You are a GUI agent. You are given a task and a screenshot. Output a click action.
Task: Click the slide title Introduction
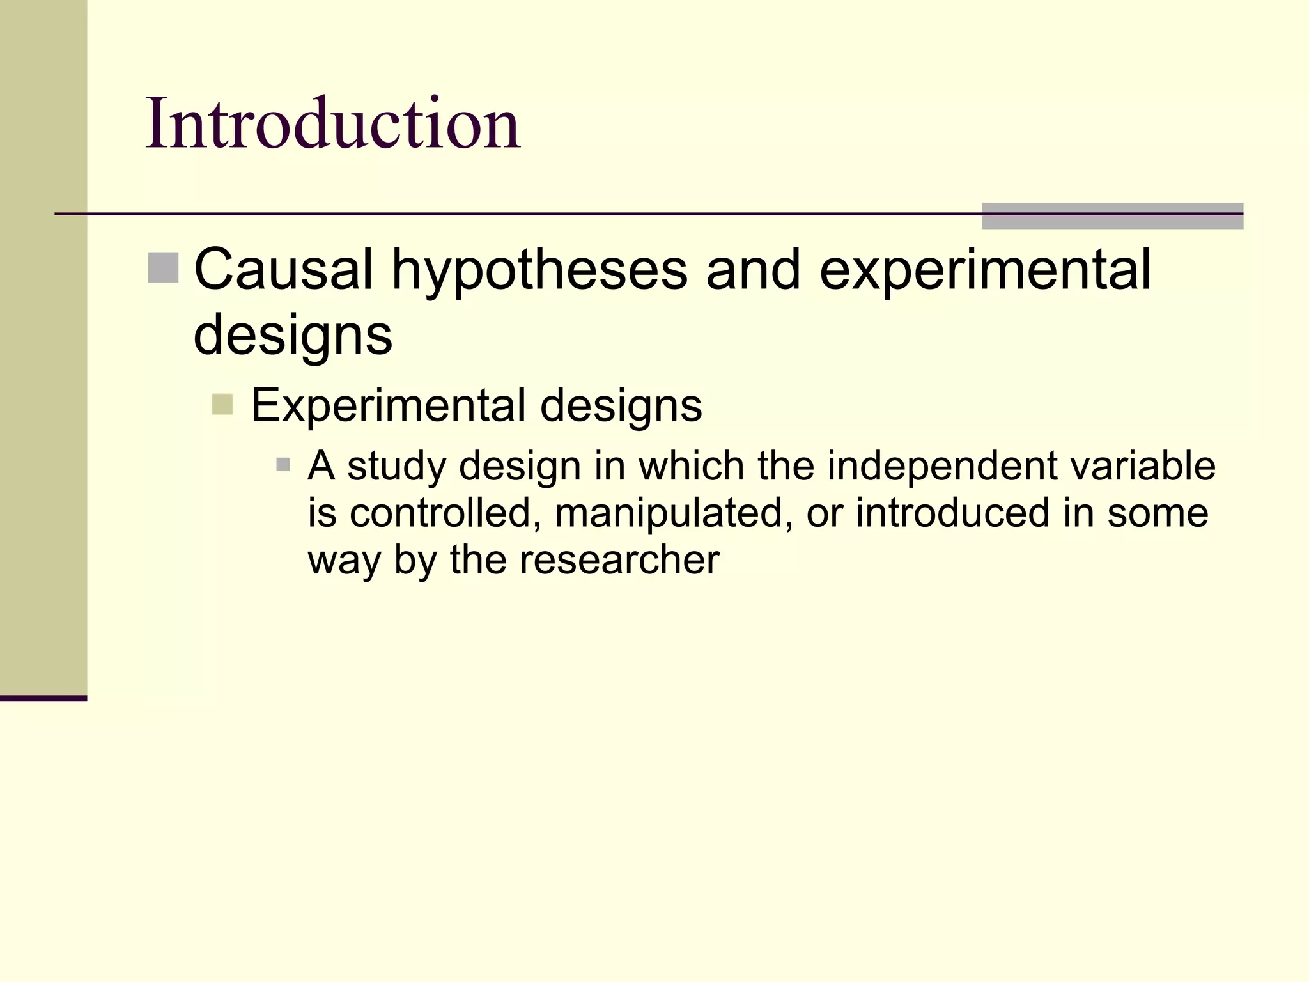click(x=332, y=123)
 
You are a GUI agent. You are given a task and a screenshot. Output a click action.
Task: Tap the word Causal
click(x=283, y=269)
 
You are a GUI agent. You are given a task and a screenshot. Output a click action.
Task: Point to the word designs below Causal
click(x=293, y=336)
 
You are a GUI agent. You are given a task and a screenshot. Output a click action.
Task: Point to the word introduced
click(x=952, y=513)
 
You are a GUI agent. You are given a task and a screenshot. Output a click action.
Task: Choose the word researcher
click(x=619, y=560)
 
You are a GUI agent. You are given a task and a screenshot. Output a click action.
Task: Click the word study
click(x=396, y=467)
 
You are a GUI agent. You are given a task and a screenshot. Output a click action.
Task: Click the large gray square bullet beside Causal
click(x=164, y=268)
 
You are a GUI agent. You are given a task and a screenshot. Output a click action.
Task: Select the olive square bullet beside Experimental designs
click(x=222, y=404)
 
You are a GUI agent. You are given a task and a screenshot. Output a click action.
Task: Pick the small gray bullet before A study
click(x=283, y=464)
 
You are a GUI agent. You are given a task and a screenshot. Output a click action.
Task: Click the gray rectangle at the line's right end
click(x=1112, y=216)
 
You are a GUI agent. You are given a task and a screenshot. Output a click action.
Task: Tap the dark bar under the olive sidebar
click(x=43, y=698)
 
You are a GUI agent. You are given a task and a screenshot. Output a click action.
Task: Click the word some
click(x=1158, y=513)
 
